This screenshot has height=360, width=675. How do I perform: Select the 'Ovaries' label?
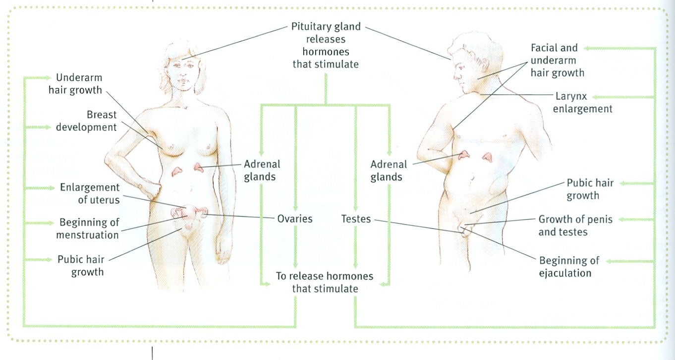[294, 218]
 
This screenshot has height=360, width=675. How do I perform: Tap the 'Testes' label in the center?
[356, 218]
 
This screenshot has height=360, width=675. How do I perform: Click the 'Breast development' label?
[86, 121]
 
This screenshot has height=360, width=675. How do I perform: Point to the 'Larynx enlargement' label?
[583, 103]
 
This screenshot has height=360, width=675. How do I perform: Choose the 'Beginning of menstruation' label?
[87, 229]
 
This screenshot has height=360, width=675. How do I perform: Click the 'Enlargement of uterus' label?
[90, 194]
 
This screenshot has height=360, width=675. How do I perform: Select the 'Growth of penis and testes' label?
[575, 226]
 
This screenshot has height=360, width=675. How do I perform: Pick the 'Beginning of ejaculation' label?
[569, 267]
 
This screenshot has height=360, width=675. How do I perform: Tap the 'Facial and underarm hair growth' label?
[557, 60]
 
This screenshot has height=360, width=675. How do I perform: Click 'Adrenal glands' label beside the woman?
[262, 170]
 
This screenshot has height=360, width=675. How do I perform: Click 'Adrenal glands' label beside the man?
[389, 170]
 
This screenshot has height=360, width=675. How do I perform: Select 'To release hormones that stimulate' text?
[325, 282]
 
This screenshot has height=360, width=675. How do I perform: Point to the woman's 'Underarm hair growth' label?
[79, 84]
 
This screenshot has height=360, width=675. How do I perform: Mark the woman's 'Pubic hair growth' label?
[81, 265]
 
